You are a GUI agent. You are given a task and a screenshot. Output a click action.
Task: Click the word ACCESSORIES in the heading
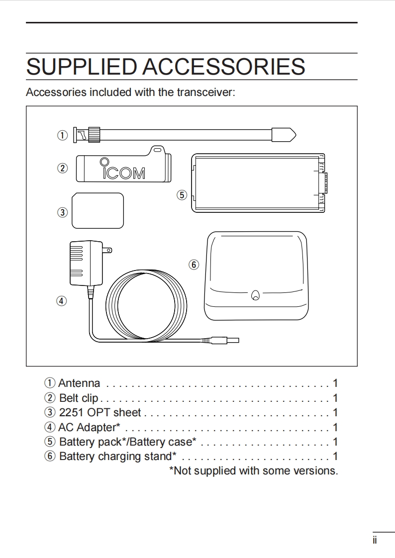[224, 67]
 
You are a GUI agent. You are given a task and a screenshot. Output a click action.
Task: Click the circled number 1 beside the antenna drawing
[62, 135]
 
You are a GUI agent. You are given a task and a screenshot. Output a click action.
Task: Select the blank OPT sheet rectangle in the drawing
[98, 210]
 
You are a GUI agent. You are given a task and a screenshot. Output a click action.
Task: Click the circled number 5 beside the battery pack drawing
[182, 195]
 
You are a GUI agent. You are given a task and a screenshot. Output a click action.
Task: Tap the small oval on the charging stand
[255, 295]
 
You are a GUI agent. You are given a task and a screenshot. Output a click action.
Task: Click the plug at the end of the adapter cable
[226, 341]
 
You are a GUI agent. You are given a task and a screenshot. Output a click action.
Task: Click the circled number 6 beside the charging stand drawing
[194, 265]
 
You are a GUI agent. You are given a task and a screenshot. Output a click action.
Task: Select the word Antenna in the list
[79, 383]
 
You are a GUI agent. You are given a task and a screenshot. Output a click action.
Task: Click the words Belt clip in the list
[79, 398]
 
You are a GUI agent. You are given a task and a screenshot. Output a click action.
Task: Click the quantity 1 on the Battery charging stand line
[335, 456]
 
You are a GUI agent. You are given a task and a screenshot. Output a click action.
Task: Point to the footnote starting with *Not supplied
[253, 470]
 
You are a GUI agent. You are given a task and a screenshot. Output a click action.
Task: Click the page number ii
[375, 540]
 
